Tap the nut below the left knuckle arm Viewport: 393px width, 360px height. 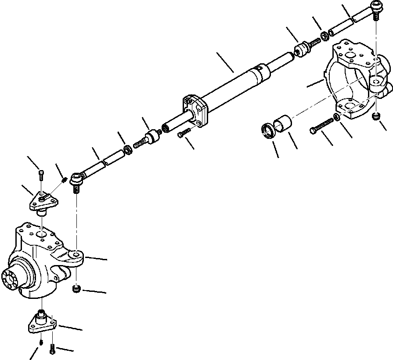pos(77,288)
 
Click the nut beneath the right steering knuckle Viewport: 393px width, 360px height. pos(376,116)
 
